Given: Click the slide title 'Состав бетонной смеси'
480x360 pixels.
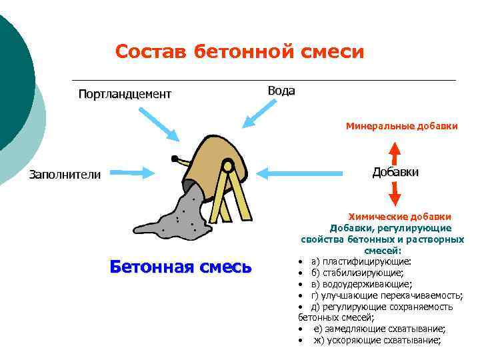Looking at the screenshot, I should click(239, 51).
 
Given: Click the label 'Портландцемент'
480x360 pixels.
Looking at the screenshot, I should click(125, 93).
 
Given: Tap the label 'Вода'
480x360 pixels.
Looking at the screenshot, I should click(281, 91).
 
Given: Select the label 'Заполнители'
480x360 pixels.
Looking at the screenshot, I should click(65, 175).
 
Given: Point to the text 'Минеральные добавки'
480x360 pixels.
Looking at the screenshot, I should click(401, 125).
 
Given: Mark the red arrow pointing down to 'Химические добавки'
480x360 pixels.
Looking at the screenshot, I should click(394, 194).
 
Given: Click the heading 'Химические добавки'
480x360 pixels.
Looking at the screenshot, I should click(401, 217).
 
